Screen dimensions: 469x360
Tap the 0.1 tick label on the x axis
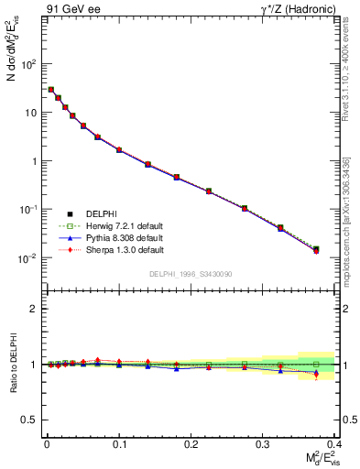(x=119, y=443)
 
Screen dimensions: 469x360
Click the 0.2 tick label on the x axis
(x=191, y=443)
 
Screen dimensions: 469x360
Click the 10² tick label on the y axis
(x=28, y=65)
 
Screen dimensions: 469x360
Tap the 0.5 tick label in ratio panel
(x=30, y=420)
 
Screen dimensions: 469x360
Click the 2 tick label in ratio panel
(x=35, y=309)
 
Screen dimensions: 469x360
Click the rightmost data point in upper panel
(x=316, y=249)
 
